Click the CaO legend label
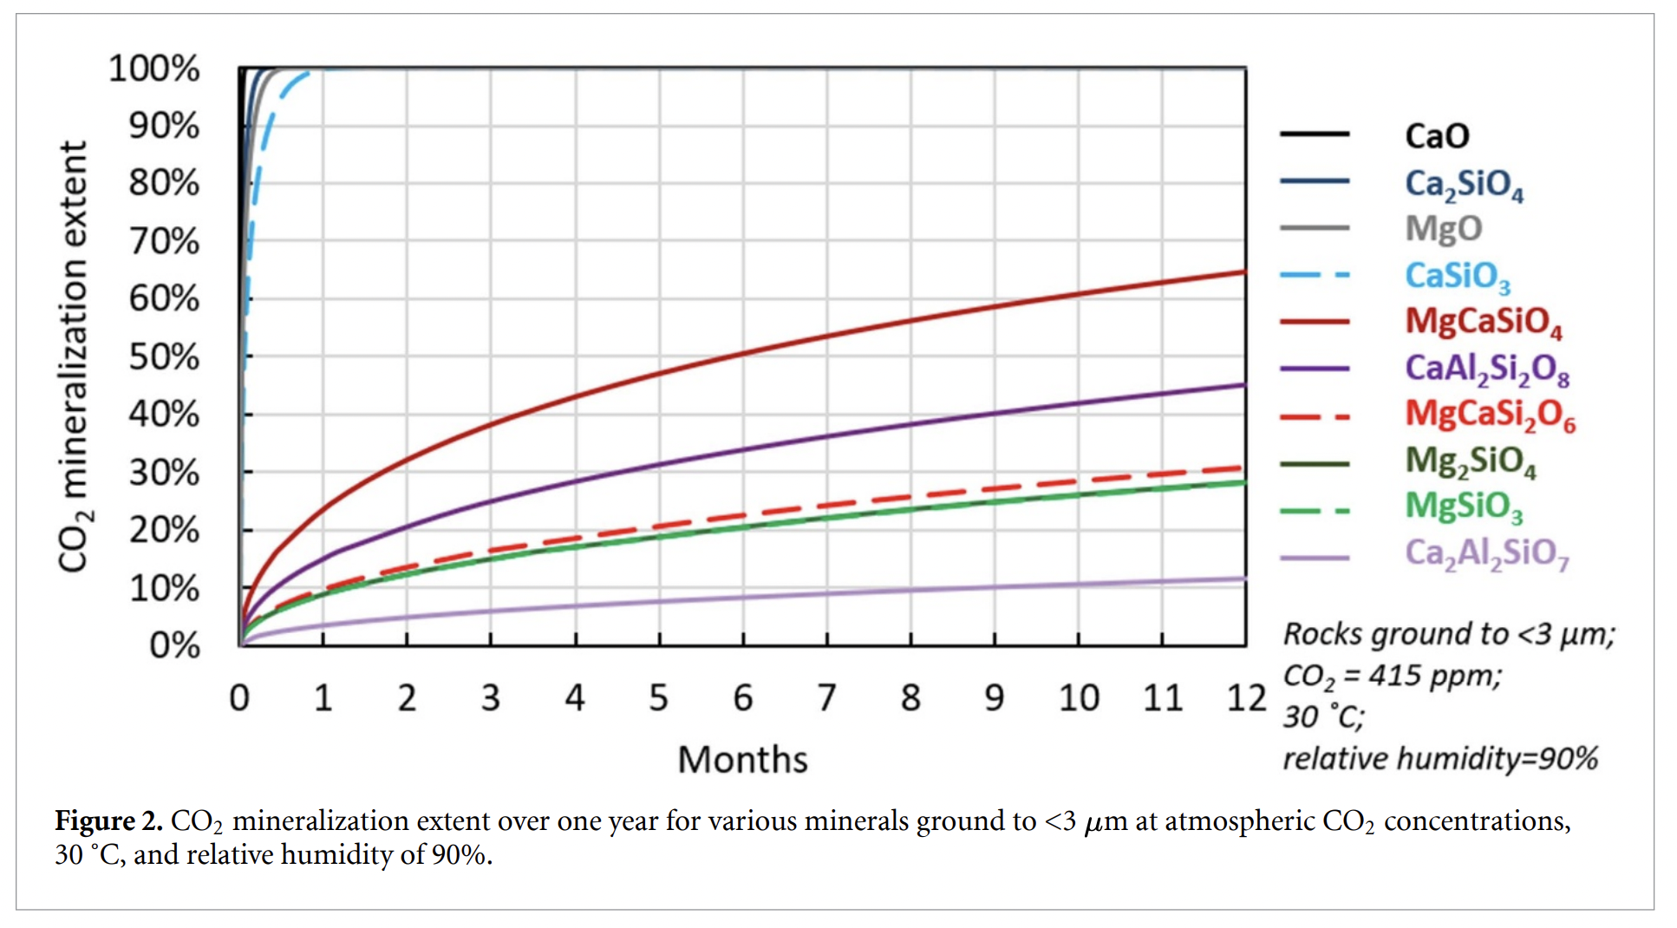[1437, 136]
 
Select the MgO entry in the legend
[1443, 229]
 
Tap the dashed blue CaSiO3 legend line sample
[1315, 276]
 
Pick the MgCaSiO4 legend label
[1483, 322]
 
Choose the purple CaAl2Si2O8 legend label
[1486, 369]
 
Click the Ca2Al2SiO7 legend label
[1486, 553]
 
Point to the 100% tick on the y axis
[153, 69]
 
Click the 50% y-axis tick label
[164, 356]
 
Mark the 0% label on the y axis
[174, 646]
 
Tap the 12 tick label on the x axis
[1246, 698]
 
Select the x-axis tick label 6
[743, 698]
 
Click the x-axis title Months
[742, 760]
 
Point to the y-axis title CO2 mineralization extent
[74, 356]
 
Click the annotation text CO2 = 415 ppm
[1392, 676]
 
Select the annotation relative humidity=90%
[1439, 759]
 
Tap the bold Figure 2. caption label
[108, 820]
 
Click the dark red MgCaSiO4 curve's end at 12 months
[1244, 272]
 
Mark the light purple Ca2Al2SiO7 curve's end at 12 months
[1244, 578]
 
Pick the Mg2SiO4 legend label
[1470, 461]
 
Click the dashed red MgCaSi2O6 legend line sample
[1315, 417]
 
